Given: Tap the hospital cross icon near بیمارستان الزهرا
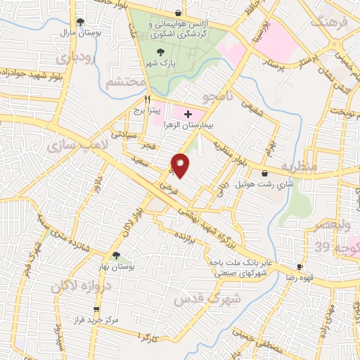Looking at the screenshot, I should [x=188, y=113].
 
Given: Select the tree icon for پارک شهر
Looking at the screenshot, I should [x=162, y=51].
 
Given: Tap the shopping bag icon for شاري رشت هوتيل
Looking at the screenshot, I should [x=264, y=174].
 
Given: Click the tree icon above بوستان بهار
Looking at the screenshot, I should [x=116, y=256].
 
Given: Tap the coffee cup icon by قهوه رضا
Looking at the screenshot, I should [x=300, y=267].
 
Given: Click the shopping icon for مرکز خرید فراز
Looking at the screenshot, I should [x=96, y=309].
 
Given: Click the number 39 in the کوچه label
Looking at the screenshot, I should [x=321, y=247].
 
